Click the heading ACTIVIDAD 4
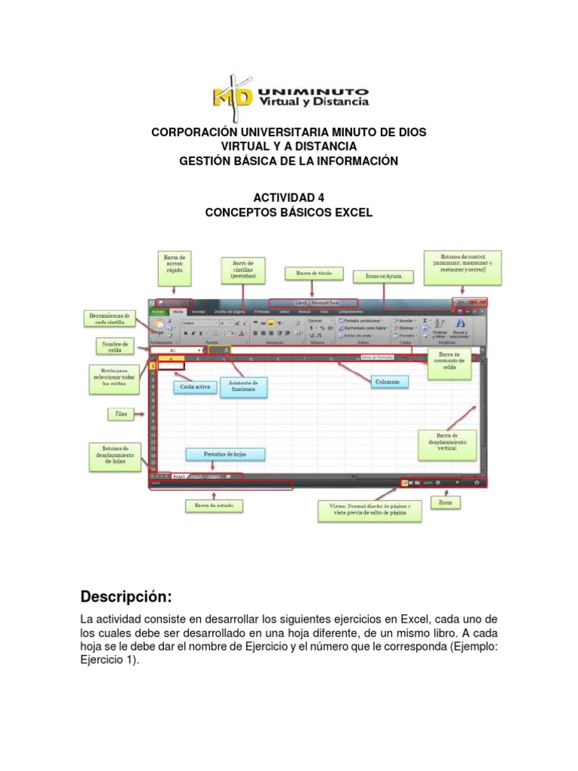click(288, 197)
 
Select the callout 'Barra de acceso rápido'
click(175, 264)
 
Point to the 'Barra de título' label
click(314, 273)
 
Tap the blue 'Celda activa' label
click(195, 387)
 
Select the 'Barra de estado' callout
click(214, 506)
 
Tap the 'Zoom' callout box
click(446, 502)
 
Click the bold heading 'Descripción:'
click(126, 597)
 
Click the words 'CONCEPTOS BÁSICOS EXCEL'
click(288, 212)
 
